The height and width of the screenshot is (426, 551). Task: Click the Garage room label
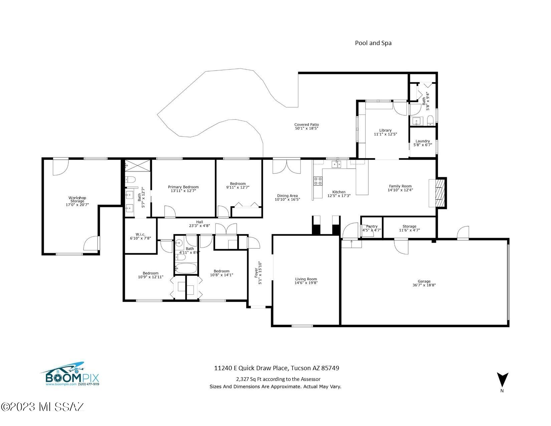[424, 283]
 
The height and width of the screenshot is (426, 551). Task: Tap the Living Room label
[306, 281]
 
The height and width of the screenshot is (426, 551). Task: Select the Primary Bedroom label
[183, 189]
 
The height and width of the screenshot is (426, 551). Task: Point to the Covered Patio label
[307, 126]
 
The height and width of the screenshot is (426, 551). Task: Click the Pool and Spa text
[373, 43]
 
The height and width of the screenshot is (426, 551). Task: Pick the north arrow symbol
[502, 380]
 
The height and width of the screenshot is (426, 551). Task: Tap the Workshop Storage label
[77, 201]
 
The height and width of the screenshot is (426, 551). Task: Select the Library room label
[385, 132]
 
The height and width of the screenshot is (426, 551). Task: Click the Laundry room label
[423, 143]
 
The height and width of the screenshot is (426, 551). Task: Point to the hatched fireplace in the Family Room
[440, 193]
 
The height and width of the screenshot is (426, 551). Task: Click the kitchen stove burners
[318, 181]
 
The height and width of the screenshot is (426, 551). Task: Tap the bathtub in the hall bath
[186, 268]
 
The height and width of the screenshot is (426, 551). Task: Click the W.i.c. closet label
[141, 236]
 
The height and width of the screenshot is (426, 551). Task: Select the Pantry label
[372, 228]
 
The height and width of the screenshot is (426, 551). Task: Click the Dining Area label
[287, 197]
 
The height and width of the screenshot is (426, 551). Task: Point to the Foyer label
[258, 273]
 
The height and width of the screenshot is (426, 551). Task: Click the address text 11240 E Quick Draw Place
[251, 368]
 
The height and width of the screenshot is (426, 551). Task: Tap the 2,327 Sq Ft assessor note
[278, 379]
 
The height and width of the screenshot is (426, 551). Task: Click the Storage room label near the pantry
[409, 228]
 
